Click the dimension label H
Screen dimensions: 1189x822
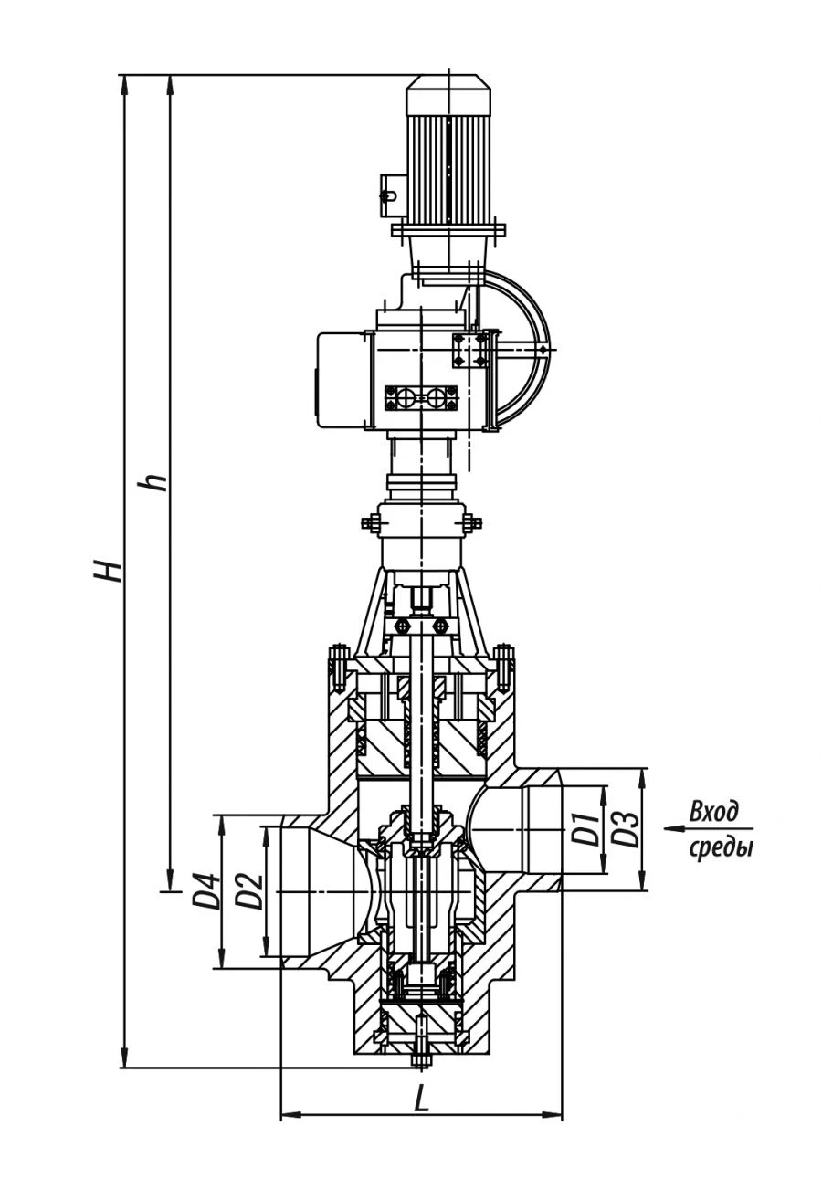pyautogui.click(x=110, y=570)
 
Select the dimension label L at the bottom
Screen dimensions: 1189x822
pyautogui.click(x=421, y=1099)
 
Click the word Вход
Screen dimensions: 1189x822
pyautogui.click(x=713, y=812)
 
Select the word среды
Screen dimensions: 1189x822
pyautogui.click(x=721, y=847)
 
